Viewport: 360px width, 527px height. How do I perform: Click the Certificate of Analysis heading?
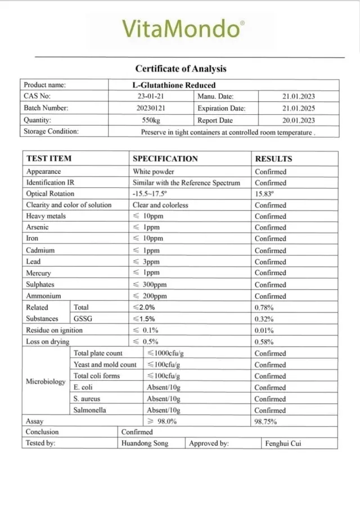point(181,69)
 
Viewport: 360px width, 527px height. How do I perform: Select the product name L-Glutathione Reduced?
point(170,85)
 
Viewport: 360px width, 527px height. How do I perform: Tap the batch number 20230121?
point(151,108)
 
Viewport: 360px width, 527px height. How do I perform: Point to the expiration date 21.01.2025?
point(298,108)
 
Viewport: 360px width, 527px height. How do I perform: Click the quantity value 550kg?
point(151,120)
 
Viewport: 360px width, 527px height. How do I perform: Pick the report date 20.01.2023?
point(298,120)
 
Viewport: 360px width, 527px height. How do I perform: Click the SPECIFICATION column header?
point(165,159)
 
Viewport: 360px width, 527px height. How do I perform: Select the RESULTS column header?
point(273,159)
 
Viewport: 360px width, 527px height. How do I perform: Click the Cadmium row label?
point(40,250)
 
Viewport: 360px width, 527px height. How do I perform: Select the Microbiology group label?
point(46,381)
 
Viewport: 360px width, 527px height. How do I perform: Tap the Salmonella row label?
point(89,410)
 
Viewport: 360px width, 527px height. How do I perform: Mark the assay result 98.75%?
point(266,421)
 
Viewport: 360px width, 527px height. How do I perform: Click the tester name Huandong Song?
point(145,443)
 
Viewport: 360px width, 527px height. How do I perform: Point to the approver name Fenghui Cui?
point(283,443)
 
